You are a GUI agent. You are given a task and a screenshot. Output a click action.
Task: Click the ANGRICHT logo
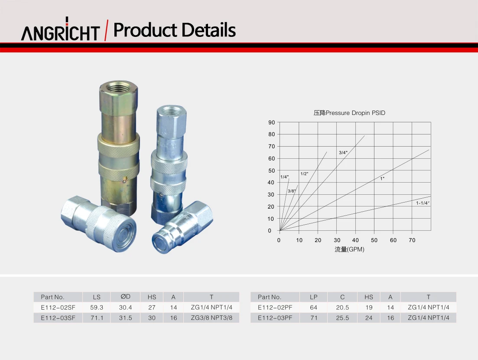[x=60, y=29]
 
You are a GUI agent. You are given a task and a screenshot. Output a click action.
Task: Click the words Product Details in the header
[x=174, y=30]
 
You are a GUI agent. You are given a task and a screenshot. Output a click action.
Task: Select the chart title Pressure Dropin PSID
[x=349, y=113]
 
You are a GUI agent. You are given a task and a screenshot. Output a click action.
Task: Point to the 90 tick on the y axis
[x=271, y=122]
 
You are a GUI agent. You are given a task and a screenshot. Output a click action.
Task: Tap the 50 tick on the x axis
[x=374, y=240]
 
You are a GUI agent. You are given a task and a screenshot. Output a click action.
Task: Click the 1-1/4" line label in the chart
[x=423, y=203]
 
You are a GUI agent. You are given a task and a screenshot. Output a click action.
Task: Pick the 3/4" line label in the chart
[x=343, y=153]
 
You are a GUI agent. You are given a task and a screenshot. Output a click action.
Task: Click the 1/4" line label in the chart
[x=284, y=177]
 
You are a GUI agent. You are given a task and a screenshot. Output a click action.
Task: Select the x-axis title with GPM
[x=349, y=249]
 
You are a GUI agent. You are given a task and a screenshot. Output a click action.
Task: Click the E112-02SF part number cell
[x=58, y=308]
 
